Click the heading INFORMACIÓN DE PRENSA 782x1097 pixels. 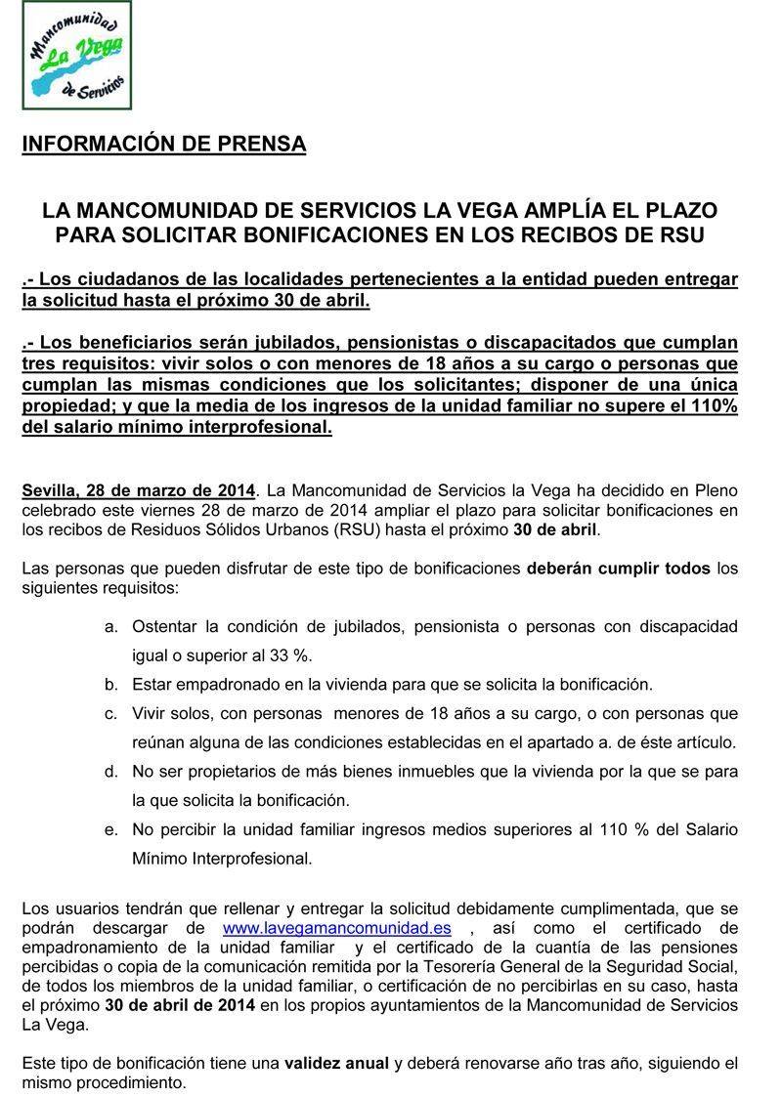[x=164, y=145]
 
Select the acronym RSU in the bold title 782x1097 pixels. [x=684, y=234]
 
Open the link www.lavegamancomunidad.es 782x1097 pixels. [x=336, y=928]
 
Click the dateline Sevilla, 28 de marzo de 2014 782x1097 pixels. [x=139, y=489]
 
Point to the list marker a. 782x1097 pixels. [x=110, y=626]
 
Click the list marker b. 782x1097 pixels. [x=110, y=685]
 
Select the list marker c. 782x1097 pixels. [x=110, y=714]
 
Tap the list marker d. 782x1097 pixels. [x=110, y=772]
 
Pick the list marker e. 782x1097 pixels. [x=110, y=830]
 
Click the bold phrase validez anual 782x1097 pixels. [x=336, y=1064]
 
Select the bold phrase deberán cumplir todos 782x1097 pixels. [x=619, y=568]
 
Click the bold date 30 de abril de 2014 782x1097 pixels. [x=180, y=1005]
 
